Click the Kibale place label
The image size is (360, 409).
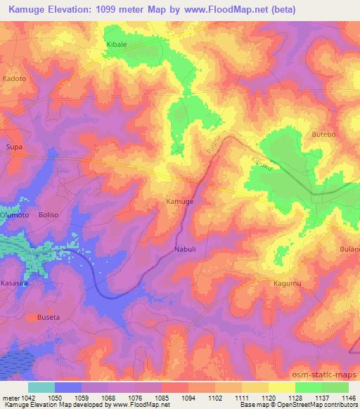click(x=116, y=44)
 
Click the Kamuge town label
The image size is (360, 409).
click(x=179, y=202)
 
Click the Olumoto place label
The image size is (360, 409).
click(x=14, y=215)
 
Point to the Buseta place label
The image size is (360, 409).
click(x=46, y=317)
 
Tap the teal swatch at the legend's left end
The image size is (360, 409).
click(x=41, y=387)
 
